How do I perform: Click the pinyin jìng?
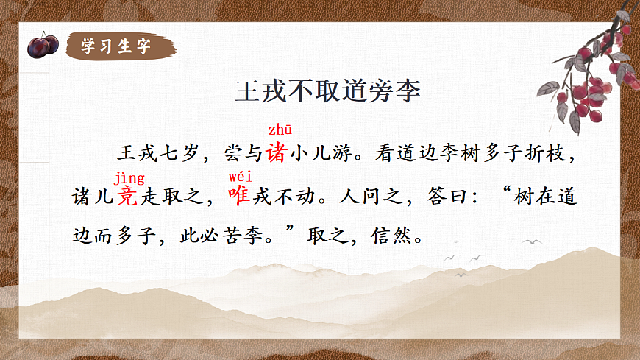[129, 177]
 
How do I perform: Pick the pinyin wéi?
[241, 177]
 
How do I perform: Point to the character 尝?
[232, 155]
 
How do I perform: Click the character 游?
[345, 155]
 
